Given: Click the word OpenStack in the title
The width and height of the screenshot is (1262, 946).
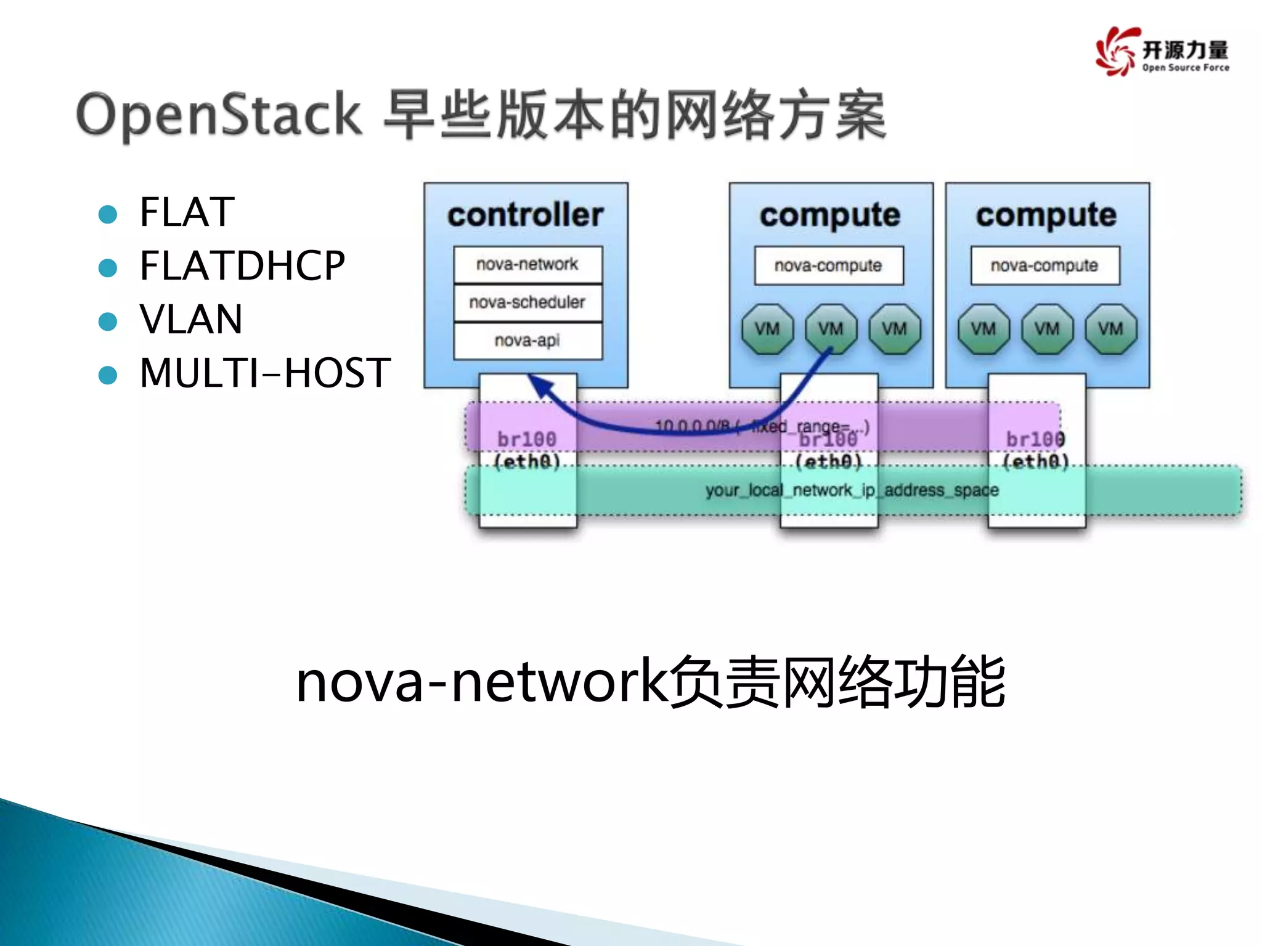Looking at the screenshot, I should pos(219,115).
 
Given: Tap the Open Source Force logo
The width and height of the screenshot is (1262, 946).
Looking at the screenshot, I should pos(1162,52).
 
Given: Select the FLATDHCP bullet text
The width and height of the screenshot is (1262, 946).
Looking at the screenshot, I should pos(242,265).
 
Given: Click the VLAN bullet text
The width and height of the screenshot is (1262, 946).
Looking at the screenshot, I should pos(191,319).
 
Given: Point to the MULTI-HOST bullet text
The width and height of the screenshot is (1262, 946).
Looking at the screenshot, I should pos(265,373).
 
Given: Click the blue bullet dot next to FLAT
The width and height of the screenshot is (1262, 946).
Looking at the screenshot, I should pos(108,214).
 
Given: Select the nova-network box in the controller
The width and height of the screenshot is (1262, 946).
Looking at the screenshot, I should pos(527,264).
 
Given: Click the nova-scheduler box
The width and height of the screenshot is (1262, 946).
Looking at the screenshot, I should pos(527,302).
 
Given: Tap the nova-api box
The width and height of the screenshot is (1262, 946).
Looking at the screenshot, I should pos(527,341).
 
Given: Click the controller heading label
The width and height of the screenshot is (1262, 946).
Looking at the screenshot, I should pos(525,215).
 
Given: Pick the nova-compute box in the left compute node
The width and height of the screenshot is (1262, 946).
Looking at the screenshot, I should pos(828,265).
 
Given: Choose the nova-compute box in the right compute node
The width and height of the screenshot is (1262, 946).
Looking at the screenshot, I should pos(1044,265).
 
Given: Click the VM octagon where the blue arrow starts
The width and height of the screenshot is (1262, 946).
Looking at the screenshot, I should pos(830,329).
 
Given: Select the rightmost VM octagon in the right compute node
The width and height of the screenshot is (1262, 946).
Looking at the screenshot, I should pos(1110,329).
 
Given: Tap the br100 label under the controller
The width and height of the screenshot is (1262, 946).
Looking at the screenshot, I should pos(527,439).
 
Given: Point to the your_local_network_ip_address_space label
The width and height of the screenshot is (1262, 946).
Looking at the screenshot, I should pos(852,490).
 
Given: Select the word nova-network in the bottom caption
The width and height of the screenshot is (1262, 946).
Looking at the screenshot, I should pos(481,682).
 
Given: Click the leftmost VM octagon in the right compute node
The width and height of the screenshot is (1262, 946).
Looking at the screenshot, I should pos(983,329).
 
